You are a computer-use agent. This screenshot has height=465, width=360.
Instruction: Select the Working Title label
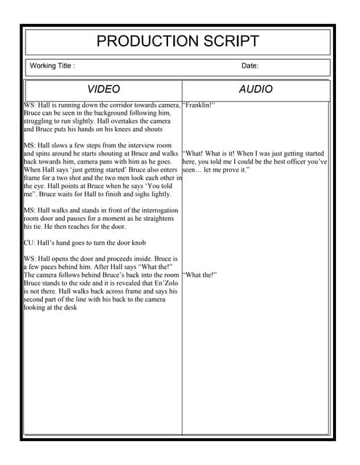(x=52, y=66)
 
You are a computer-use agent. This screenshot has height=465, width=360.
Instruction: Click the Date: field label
(x=249, y=66)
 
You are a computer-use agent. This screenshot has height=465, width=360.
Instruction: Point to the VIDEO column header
(x=103, y=89)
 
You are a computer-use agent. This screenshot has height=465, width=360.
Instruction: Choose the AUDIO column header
(x=255, y=89)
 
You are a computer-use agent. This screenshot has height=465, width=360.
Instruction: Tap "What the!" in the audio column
(x=200, y=275)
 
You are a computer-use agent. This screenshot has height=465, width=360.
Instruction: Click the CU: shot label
(x=30, y=243)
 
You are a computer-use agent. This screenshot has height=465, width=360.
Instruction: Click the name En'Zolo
(x=167, y=283)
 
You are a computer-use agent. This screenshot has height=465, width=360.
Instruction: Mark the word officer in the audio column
(x=287, y=162)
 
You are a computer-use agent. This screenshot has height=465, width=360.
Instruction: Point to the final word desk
(x=71, y=307)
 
